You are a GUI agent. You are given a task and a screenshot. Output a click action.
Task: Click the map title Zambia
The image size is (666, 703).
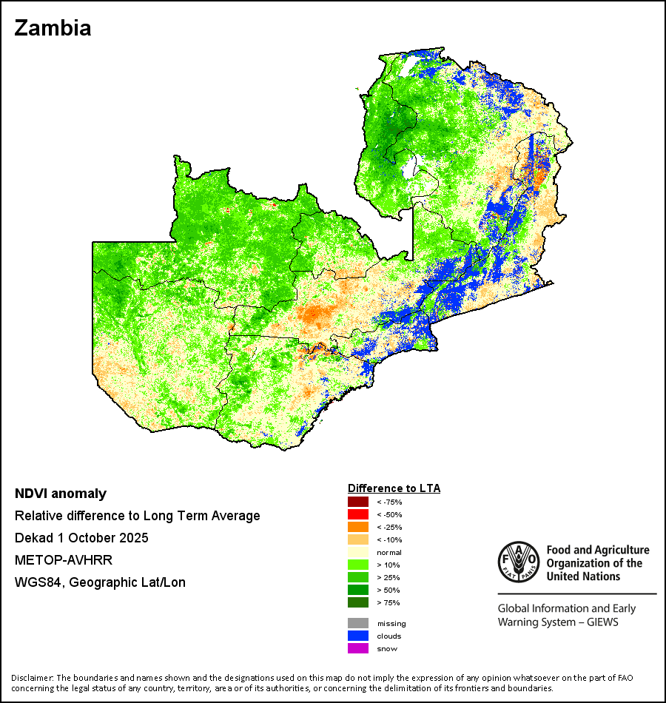(x=53, y=28)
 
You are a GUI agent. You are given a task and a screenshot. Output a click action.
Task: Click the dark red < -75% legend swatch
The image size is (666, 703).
(x=358, y=502)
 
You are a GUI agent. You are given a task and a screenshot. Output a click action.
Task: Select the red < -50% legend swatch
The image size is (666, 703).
(x=358, y=514)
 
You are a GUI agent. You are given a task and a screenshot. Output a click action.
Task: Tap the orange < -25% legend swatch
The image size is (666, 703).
(x=358, y=527)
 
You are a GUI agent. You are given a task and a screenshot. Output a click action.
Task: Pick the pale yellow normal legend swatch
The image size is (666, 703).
(x=358, y=552)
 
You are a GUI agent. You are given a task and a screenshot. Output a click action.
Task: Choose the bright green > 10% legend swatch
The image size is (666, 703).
(x=358, y=565)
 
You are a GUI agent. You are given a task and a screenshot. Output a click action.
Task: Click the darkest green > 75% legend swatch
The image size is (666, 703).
(x=358, y=602)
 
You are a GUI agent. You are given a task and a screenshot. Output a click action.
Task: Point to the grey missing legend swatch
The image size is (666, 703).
(x=358, y=623)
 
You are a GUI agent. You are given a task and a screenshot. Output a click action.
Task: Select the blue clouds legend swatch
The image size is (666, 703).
(x=358, y=636)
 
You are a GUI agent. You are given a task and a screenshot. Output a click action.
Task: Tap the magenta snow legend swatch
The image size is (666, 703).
(x=358, y=648)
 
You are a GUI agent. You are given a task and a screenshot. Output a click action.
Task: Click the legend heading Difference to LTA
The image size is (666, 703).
(x=394, y=488)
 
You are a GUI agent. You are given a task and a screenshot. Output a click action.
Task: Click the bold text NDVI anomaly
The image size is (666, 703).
(x=61, y=494)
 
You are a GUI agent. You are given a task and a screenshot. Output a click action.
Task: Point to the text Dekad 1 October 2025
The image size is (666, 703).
(x=81, y=538)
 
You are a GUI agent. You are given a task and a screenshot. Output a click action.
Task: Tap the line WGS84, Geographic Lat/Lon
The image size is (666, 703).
(x=100, y=582)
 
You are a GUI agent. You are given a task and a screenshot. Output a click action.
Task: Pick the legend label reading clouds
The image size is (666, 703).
(x=389, y=636)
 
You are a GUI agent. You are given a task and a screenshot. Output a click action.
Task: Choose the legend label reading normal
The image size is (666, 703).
(x=389, y=553)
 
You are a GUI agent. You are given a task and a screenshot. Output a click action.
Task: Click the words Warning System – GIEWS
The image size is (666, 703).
(x=558, y=622)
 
